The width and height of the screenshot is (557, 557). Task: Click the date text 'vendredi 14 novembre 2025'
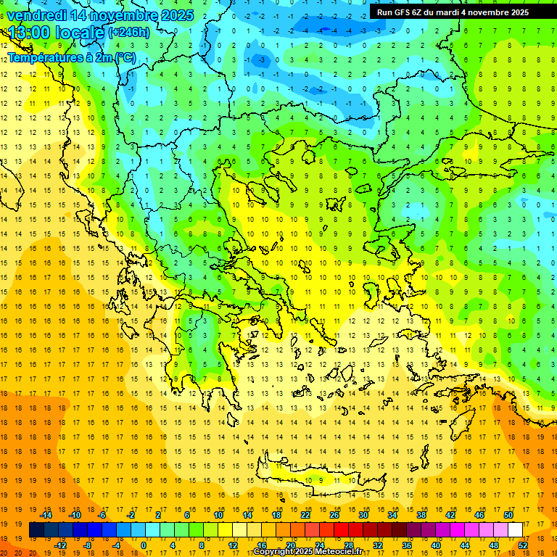pyautogui.click(x=100, y=15)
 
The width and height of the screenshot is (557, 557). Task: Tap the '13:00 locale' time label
pyautogui.click(x=55, y=32)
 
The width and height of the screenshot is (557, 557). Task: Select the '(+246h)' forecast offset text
pyautogui.click(x=128, y=33)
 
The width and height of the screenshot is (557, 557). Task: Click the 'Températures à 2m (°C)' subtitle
pyautogui.click(x=71, y=58)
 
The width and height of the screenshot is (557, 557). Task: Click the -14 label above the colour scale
pyautogui.click(x=47, y=515)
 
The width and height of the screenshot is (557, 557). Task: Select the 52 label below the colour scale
pyautogui.click(x=523, y=545)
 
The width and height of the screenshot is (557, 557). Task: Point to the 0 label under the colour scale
pyautogui.click(x=144, y=545)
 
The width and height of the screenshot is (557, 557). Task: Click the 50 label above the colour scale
pyautogui.click(x=508, y=515)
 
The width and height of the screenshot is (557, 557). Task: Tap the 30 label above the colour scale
pyautogui.click(x=363, y=515)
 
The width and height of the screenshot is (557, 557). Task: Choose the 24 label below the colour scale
pyautogui.click(x=320, y=545)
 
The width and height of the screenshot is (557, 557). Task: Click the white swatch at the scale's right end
pyautogui.click(x=516, y=530)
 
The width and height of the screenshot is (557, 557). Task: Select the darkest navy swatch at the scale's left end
pyautogui.click(x=36, y=530)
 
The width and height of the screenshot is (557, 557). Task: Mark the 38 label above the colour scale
pyautogui.click(x=421, y=515)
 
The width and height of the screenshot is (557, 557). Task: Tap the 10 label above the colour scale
pyautogui.click(x=218, y=515)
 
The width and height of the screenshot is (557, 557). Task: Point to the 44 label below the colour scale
pyautogui.click(x=465, y=545)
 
